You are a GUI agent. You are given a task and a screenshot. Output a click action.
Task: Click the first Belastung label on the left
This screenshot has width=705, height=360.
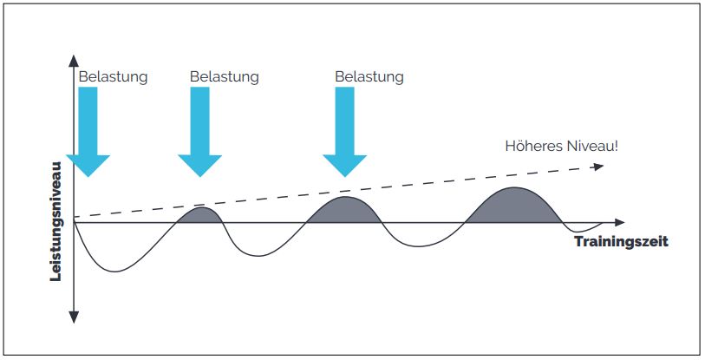tap(113, 76)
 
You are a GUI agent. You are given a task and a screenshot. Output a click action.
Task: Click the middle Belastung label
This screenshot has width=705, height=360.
tap(224, 76)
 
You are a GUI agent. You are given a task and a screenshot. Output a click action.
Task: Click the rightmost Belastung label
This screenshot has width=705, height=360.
tap(369, 76)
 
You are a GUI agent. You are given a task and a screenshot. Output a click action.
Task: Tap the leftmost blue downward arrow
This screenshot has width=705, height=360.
tap(88, 130)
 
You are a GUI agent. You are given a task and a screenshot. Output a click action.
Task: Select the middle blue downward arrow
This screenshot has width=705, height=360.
tap(199, 130)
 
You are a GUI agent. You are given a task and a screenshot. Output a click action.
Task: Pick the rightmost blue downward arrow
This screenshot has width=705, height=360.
tap(344, 130)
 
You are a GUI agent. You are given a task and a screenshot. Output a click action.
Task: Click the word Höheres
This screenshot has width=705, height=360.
tap(532, 145)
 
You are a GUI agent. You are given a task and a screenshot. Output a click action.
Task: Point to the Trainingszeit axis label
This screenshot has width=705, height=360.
tap(621, 242)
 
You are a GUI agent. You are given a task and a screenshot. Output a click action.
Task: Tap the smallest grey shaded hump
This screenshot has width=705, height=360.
tap(199, 215)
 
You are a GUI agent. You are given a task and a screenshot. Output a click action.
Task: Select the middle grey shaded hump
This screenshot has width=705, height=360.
tap(344, 210)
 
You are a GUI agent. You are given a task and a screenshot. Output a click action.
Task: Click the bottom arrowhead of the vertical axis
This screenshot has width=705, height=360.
tap(75, 317)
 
